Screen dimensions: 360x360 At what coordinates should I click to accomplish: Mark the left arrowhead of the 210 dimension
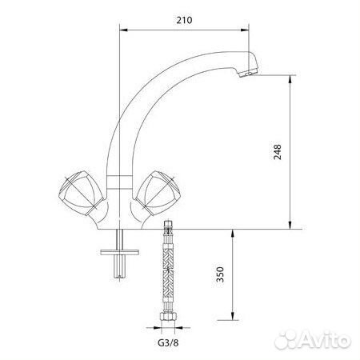pos(122,30)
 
